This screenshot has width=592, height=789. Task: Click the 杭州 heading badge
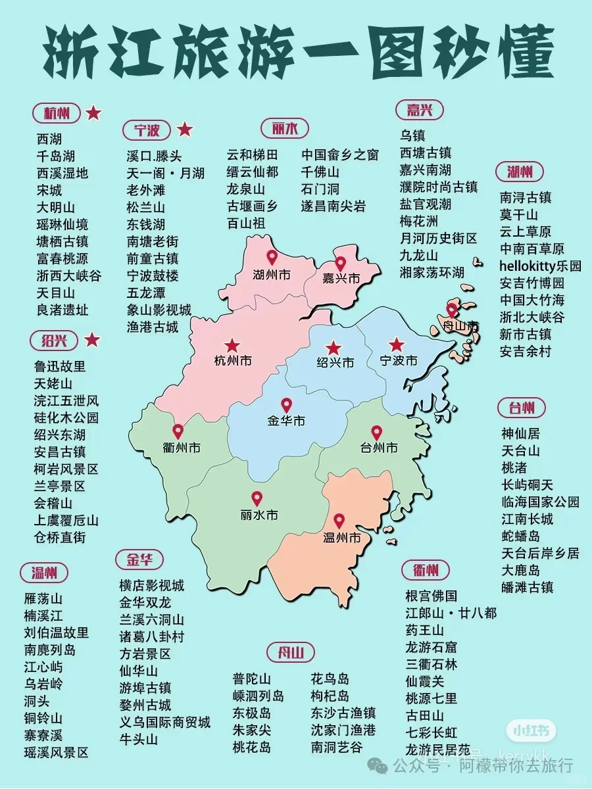coord(57,113)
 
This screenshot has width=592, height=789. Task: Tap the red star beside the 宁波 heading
coord(185,130)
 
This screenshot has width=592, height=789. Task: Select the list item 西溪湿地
coord(62,173)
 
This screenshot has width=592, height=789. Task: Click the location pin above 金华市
coord(286,405)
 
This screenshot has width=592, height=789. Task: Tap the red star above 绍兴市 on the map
coord(334,347)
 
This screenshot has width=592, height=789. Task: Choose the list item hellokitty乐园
coord(541,266)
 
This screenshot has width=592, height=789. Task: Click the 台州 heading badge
coord(522,408)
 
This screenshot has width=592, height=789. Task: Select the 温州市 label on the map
coord(343,538)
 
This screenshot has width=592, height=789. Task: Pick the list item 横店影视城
coord(151,585)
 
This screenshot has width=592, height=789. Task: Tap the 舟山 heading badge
coord(291,653)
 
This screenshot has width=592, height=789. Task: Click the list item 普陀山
coord(251,679)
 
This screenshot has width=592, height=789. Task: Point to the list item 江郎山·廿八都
coord(451,613)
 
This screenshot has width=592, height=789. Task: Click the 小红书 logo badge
coord(531,731)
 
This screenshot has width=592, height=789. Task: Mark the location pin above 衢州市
coord(178,431)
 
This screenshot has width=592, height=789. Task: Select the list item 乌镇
coord(413,135)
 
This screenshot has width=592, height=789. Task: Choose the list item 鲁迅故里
coord(60,366)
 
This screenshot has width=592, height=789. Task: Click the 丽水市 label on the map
coord(259,515)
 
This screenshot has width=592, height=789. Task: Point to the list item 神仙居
coord(520,433)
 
